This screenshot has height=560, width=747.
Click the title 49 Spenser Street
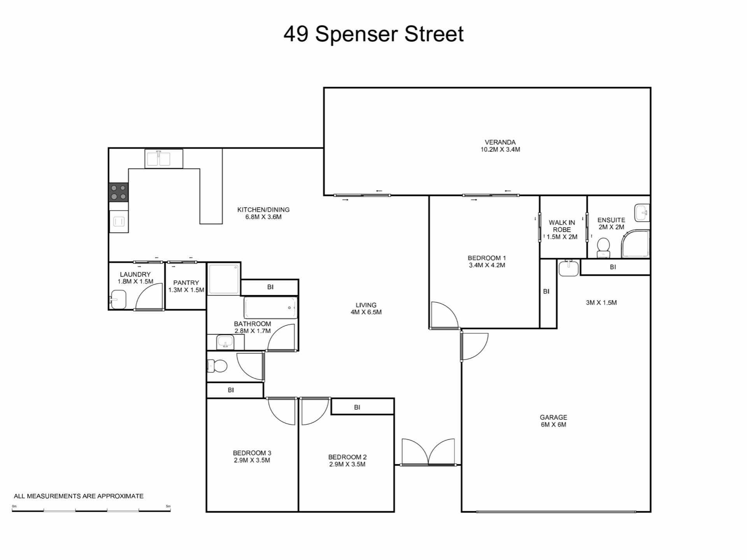tap(373, 34)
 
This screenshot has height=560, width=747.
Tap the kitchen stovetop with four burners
tap(118, 192)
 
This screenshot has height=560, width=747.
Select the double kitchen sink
tap(164, 159)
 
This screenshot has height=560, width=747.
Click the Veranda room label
tap(500, 146)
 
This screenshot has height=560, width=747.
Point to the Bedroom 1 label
tap(487, 262)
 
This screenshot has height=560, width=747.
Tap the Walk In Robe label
tap(562, 229)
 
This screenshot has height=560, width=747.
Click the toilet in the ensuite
tap(603, 247)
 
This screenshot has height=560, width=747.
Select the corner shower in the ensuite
tap(635, 243)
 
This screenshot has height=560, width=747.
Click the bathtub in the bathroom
tap(270, 308)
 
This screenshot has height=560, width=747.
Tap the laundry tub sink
tap(117, 299)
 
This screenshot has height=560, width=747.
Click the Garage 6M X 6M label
tap(553, 421)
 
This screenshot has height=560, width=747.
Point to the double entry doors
tap(428, 453)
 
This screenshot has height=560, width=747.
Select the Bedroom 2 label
tap(347, 461)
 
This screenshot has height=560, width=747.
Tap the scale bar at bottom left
tap(91, 510)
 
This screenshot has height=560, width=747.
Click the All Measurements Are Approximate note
tap(79, 496)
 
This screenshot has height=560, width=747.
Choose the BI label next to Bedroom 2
tap(357, 407)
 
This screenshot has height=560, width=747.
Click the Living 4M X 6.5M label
tap(366, 309)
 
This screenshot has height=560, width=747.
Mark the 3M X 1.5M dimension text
tap(601, 303)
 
